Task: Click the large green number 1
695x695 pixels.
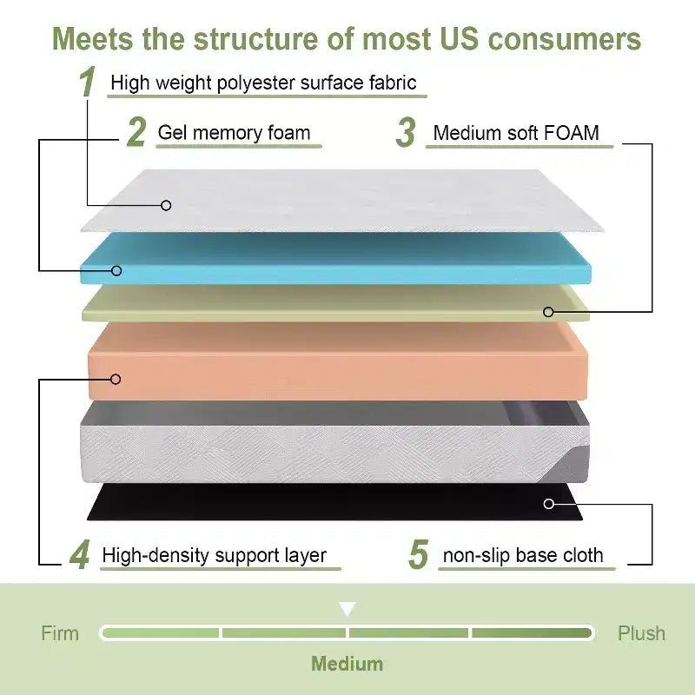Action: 88,81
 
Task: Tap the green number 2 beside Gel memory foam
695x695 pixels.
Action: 136,132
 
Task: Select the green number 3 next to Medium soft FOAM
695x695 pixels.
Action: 406,132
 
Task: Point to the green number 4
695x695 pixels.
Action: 80,554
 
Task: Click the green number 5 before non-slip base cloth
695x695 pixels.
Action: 419,554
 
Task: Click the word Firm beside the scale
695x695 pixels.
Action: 60,633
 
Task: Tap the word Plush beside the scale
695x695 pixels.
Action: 641,633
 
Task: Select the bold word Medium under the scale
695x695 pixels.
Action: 347,664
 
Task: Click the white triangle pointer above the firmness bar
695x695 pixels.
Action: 347,608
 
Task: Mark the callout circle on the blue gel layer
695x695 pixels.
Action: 116,270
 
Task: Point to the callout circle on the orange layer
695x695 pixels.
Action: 116,379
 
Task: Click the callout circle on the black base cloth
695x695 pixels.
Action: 549,504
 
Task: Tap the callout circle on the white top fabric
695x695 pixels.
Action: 166,205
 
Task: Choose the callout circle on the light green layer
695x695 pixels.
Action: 548,312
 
